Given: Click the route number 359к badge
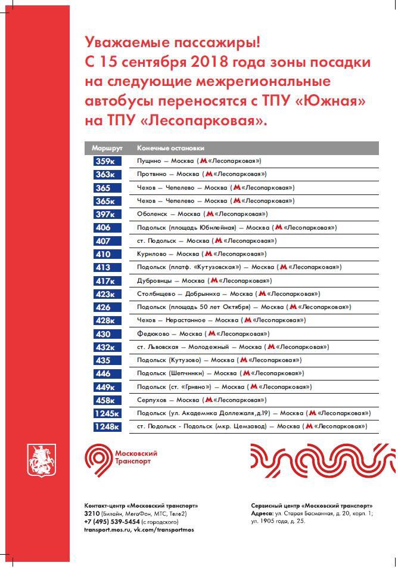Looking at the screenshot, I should pyautogui.click(x=107, y=161).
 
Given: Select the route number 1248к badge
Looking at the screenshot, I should pyautogui.click(x=107, y=426).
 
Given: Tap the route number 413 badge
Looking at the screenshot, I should pyautogui.click(x=107, y=267).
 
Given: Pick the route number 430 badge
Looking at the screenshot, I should pyautogui.click(x=107, y=334).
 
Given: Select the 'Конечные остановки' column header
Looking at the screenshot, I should pyautogui.click(x=170, y=147).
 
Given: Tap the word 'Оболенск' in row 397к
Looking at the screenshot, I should pyautogui.click(x=153, y=214).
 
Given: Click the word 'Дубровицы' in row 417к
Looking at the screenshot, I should pyautogui.click(x=154, y=280).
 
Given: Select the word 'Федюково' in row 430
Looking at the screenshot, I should pyautogui.click(x=153, y=334).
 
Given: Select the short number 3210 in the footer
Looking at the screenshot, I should pyautogui.click(x=92, y=513).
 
